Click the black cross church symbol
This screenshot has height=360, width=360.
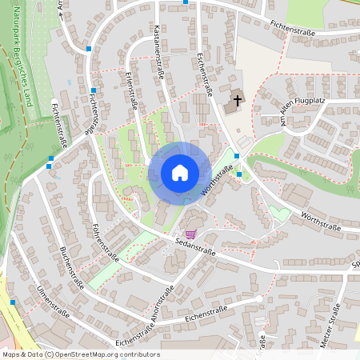tap(237, 102)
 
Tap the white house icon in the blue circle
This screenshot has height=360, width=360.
tap(179, 172)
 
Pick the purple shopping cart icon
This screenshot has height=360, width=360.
tap(190, 234)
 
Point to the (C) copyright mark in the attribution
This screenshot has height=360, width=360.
tap(50, 354)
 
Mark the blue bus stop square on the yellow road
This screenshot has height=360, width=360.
tap(14, 302)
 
